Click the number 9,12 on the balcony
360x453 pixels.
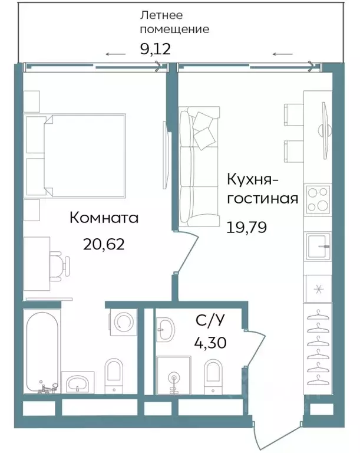pyautogui.click(x=155, y=48)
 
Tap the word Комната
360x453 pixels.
pyautogui.click(x=104, y=218)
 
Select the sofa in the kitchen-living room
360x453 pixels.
pyautogui.click(x=198, y=168)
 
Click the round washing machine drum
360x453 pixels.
pyautogui.click(x=123, y=322)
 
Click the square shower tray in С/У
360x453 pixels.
pyautogui.click(x=174, y=376)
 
